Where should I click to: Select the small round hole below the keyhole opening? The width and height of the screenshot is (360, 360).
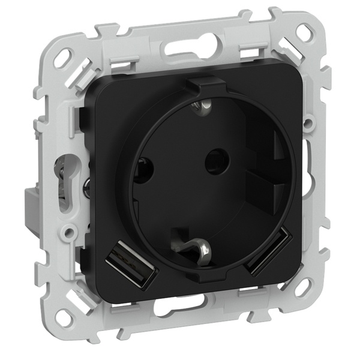click(70, 230)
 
